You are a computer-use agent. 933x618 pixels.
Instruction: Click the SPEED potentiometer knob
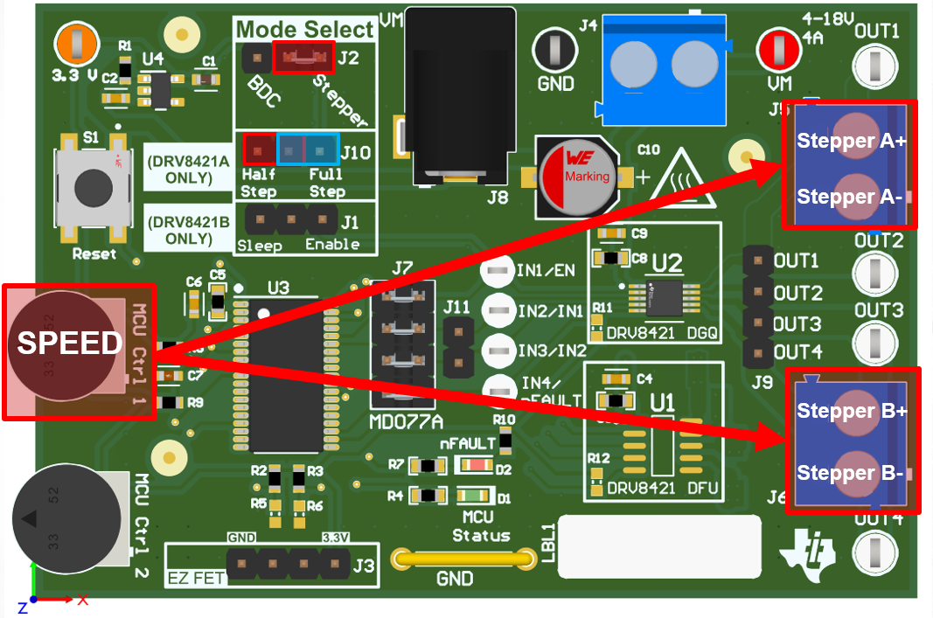pyautogui.click(x=66, y=344)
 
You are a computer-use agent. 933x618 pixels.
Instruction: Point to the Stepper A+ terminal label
pyautogui.click(x=851, y=141)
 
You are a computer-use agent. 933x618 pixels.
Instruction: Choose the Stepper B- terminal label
pyautogui.click(x=851, y=474)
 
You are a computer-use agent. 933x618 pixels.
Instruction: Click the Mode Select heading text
pyautogui.click(x=304, y=30)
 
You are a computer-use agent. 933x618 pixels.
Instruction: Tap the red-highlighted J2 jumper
pyautogui.click(x=303, y=59)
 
